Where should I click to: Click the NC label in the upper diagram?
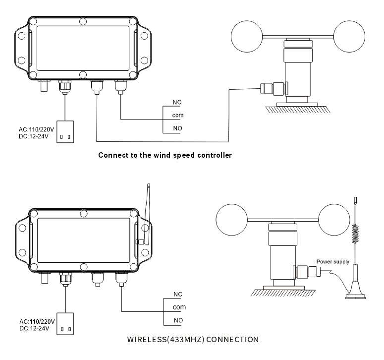click(x=177, y=102)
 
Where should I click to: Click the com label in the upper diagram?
click(x=178, y=115)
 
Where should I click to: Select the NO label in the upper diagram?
click(x=177, y=128)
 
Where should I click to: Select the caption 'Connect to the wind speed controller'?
click(x=165, y=155)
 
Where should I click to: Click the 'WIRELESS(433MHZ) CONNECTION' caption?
click(x=192, y=340)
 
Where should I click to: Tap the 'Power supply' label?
click(x=332, y=261)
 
